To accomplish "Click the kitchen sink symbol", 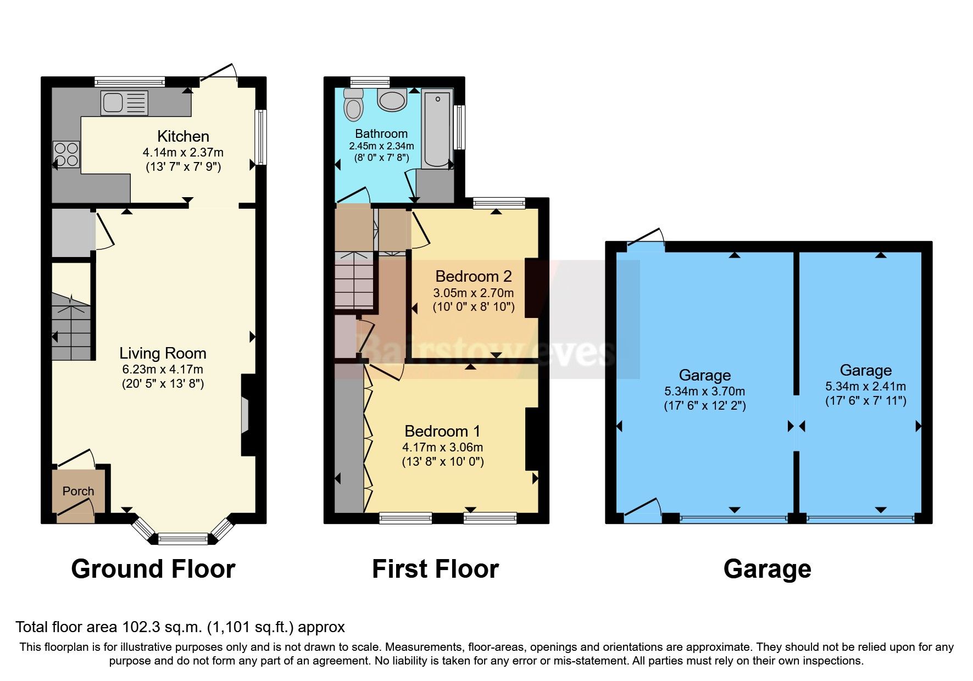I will tap(125, 103).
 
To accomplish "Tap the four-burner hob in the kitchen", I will tap(66, 154).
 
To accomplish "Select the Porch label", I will tap(78, 491).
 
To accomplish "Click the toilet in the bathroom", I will tap(353, 104).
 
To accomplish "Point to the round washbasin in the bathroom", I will tap(392, 101).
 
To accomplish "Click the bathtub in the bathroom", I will tap(437, 129).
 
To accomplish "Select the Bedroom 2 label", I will tap(474, 276).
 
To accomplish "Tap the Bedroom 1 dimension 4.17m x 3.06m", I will tap(442, 447).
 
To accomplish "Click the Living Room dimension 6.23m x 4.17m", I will tap(162, 369).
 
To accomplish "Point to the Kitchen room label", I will tap(183, 136).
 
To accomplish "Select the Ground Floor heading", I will tap(153, 569).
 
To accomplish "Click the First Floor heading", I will tap(435, 569).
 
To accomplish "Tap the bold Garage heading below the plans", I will tap(767, 569).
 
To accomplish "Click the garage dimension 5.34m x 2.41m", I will tap(865, 386).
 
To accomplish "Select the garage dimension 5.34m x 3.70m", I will tap(704, 391).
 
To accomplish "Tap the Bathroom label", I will tap(381, 133).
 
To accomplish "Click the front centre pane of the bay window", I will tap(183, 539).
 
